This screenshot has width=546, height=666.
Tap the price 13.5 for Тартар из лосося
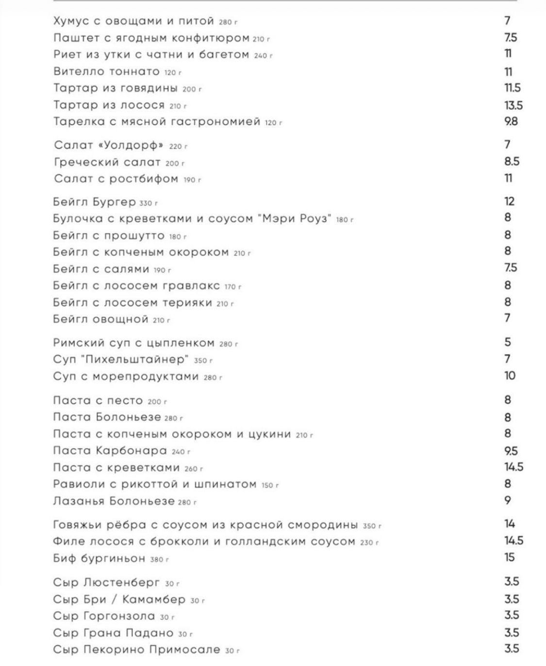pos(513,105)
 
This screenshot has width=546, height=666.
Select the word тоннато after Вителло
pos(134,72)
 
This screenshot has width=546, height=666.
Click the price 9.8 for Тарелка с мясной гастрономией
pos(511,121)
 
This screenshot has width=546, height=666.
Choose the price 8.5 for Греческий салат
pos(512,161)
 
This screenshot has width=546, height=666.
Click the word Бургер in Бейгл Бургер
pos(116,202)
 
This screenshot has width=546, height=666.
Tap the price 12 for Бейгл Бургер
pos(509,201)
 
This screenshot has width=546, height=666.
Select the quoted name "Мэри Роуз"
pos(297,219)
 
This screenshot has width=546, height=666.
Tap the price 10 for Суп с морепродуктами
pos(509,376)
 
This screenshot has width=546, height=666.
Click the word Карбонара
pos(131,451)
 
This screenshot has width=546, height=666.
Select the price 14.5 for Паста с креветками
pos(513,467)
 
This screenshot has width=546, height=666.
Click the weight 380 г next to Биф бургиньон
pos(159,559)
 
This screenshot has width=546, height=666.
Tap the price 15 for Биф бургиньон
pos(509,557)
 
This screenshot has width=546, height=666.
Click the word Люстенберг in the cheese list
pos(122,582)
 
